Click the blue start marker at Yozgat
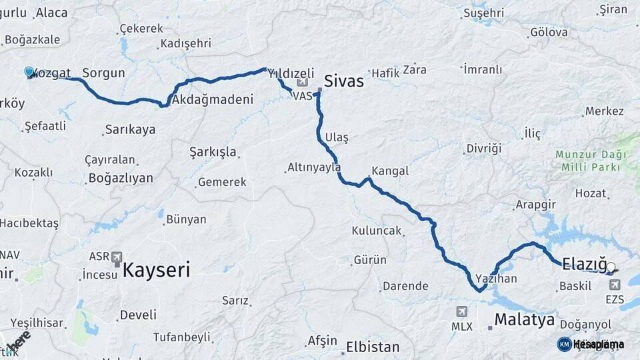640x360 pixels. [x=29, y=72]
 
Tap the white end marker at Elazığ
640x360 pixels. [x=611, y=267]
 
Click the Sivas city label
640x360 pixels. [x=343, y=81]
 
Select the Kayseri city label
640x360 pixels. [x=155, y=270]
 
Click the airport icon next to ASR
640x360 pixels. [x=117, y=257]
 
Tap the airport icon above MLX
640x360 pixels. [x=462, y=312]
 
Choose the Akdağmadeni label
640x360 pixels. [x=213, y=100]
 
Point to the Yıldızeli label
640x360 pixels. [x=291, y=73]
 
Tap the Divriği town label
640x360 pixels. [x=483, y=148]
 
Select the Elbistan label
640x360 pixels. [x=373, y=347]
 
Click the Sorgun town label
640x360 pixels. [x=103, y=73]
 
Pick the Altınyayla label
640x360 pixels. [x=314, y=167]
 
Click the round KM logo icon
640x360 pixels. [x=564, y=344]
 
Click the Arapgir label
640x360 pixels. [x=535, y=205]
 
